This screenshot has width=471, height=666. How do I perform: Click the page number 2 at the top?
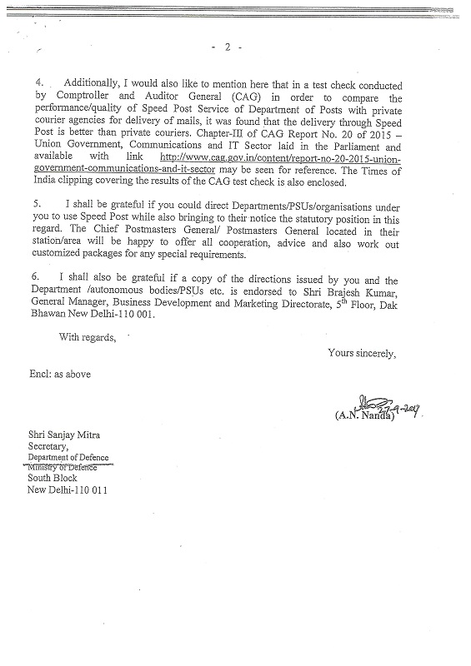tap(227, 47)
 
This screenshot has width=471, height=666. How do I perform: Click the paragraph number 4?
tap(38, 86)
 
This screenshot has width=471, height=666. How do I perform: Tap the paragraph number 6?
tap(38, 281)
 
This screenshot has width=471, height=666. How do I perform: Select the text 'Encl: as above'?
tap(60, 374)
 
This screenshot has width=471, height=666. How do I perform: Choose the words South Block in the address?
tap(53, 478)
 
